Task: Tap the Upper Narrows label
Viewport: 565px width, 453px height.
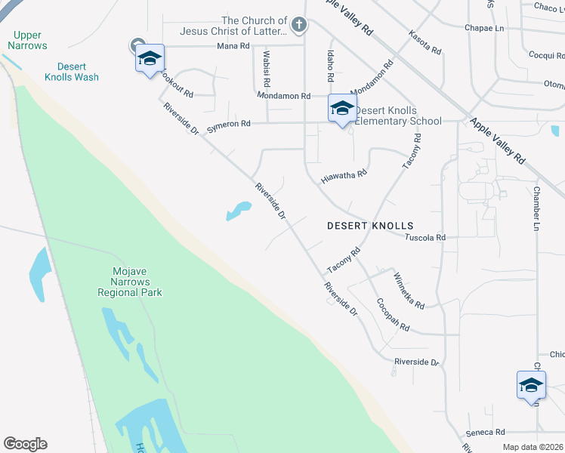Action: coord(27,40)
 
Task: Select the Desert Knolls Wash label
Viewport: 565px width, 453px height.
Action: coord(72,71)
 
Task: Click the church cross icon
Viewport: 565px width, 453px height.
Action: coord(299,26)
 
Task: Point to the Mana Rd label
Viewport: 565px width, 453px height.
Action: coord(233,46)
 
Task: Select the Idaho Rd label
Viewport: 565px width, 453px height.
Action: coord(330,66)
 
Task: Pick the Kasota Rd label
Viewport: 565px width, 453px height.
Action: coord(425,42)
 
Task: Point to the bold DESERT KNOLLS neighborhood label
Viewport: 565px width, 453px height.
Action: coord(370,226)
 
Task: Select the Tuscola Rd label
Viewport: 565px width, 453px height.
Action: coord(425,237)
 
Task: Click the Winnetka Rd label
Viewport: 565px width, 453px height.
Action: coord(409,290)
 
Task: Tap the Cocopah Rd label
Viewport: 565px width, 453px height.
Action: coord(393,315)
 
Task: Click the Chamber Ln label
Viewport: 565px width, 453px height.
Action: coord(537,208)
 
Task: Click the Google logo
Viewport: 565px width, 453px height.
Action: coord(25,444)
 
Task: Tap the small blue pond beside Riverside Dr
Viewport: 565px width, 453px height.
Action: coord(239,211)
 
